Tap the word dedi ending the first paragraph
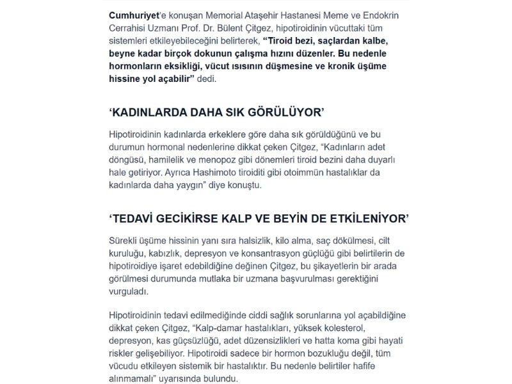click(205, 79)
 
